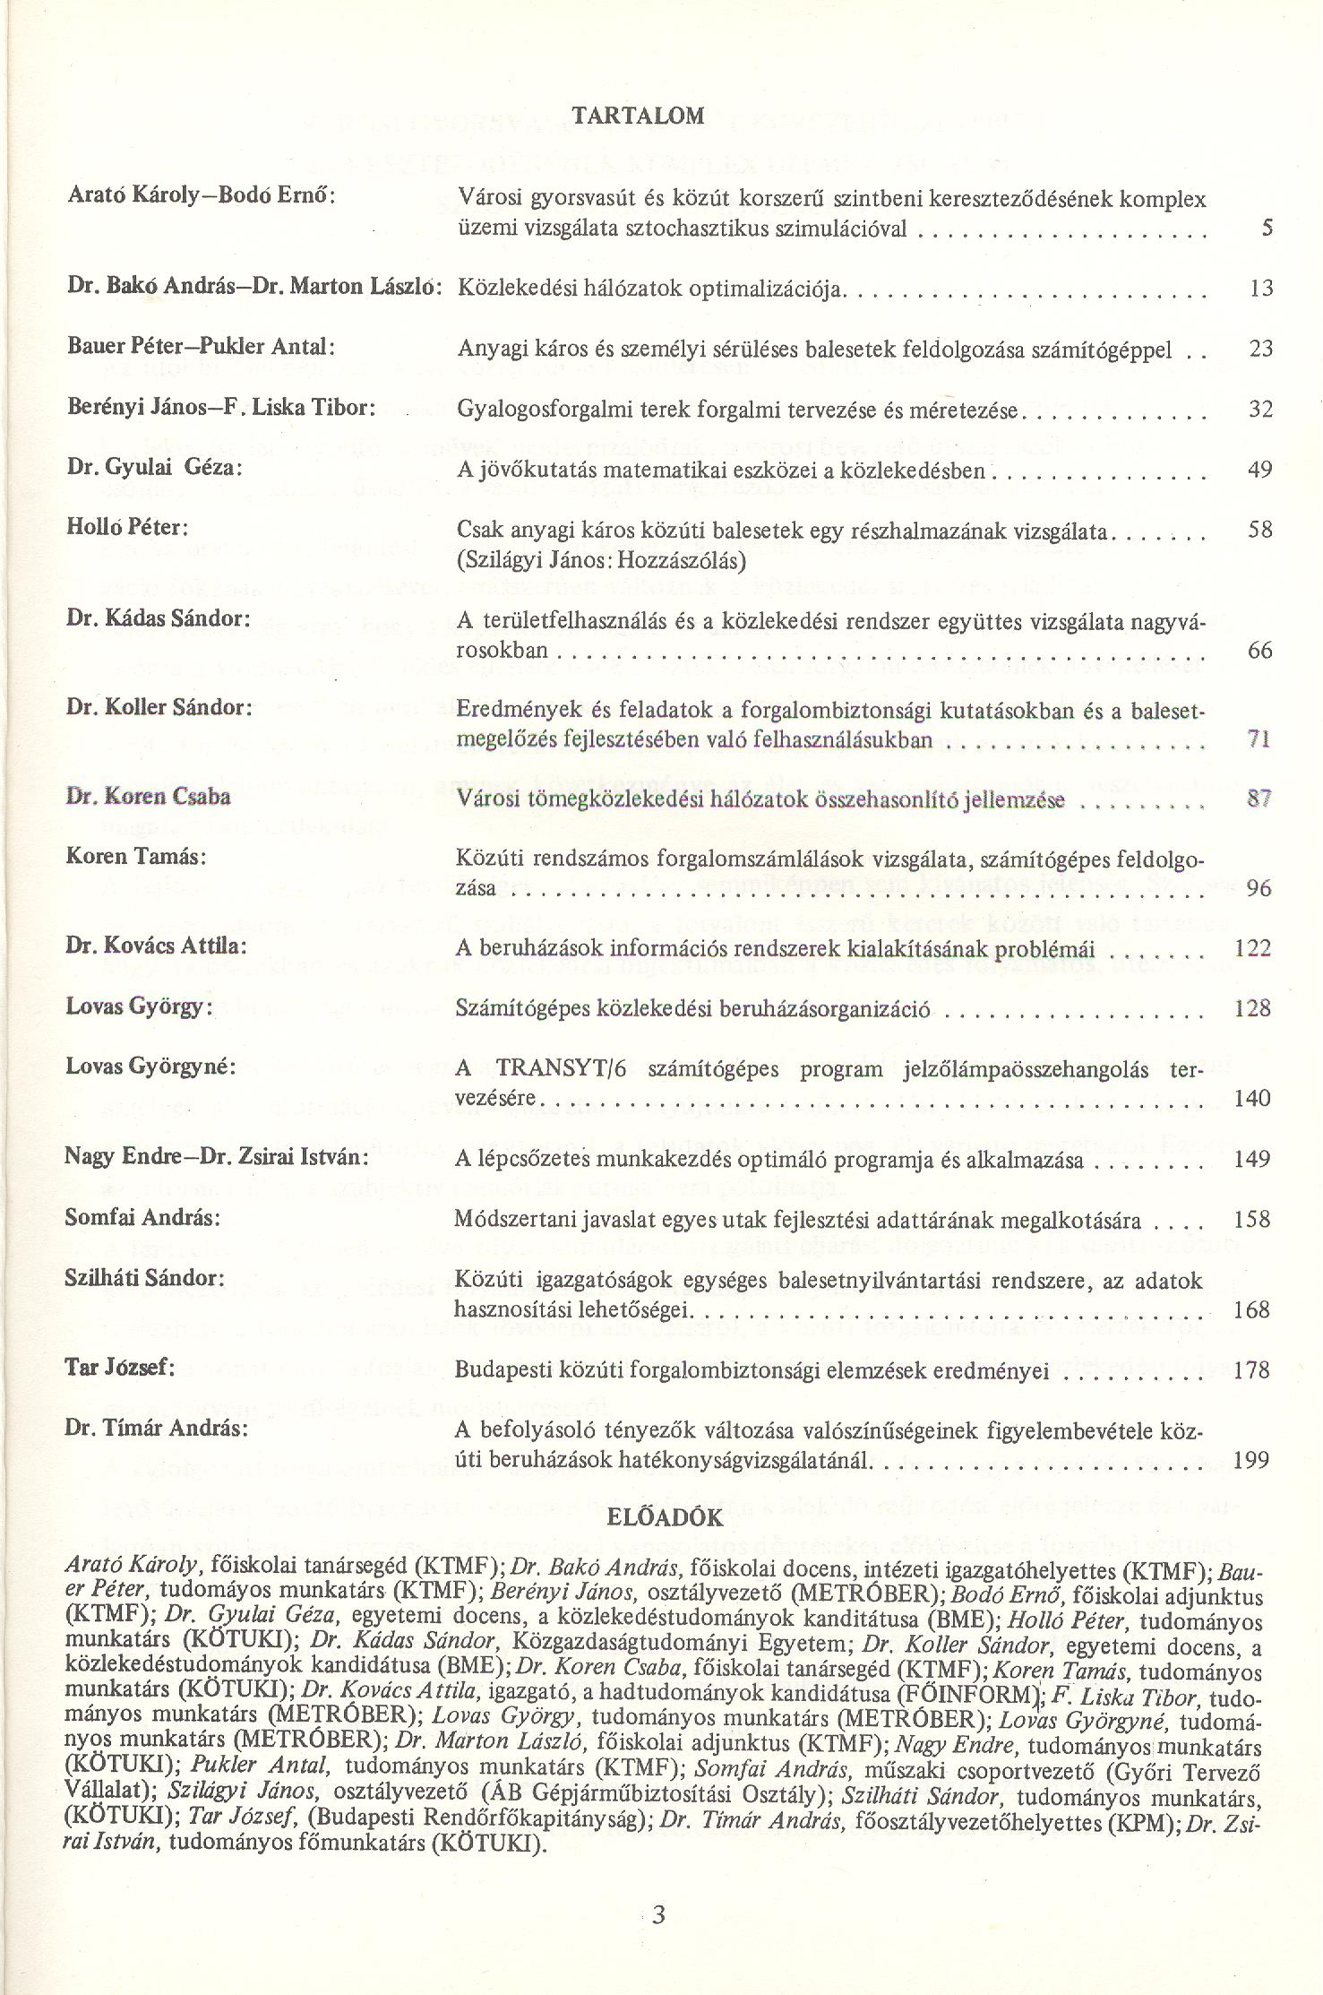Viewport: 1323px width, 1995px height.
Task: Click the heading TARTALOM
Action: (638, 116)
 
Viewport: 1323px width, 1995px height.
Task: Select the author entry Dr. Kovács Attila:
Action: (156, 946)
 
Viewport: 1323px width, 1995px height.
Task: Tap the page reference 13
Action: (1260, 288)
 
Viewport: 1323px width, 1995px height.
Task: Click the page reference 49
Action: (1259, 469)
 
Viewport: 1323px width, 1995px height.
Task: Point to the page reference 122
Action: (1252, 947)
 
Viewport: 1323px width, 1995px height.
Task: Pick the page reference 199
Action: (1251, 1460)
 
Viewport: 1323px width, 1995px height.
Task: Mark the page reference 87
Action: (1259, 799)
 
